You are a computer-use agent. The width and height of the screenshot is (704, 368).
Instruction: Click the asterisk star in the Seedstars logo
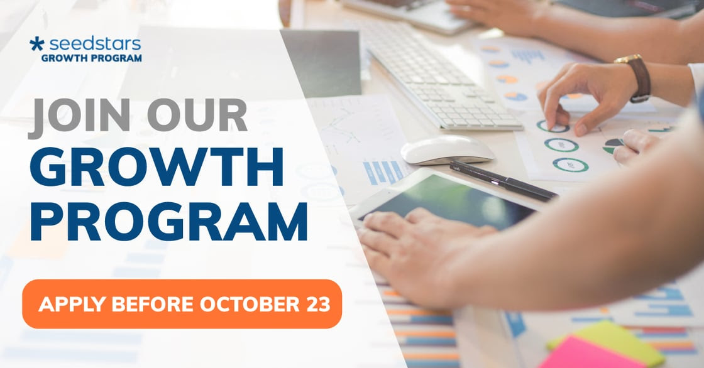click(37, 44)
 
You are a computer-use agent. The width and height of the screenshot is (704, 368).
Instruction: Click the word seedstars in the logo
click(95, 44)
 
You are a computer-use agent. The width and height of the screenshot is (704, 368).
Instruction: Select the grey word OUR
click(197, 115)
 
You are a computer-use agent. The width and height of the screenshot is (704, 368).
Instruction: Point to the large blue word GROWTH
click(157, 166)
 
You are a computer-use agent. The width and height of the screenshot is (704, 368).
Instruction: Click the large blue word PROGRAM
click(169, 221)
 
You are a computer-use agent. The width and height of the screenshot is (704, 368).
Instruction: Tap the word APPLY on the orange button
click(72, 305)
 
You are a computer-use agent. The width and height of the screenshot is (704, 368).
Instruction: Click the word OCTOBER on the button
click(250, 305)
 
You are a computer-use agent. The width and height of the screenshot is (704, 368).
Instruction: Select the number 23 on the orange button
click(319, 305)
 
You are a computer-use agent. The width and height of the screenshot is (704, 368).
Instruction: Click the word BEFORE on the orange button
click(152, 305)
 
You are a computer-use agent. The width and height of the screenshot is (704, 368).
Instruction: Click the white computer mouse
click(447, 149)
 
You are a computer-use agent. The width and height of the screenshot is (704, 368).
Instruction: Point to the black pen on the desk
click(503, 180)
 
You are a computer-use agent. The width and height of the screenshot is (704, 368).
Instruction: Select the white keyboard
click(443, 76)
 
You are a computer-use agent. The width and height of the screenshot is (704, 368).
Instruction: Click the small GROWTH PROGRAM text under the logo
click(92, 58)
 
